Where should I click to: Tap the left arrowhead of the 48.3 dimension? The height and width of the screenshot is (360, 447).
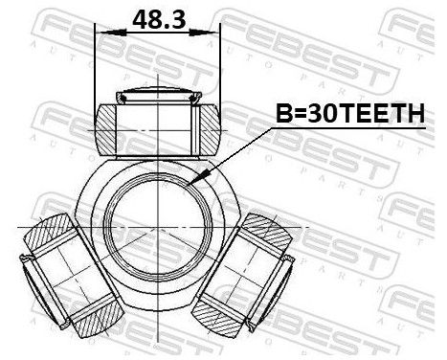101,32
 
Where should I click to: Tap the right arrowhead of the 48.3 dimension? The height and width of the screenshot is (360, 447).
213,32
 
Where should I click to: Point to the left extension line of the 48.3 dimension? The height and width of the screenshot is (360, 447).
95,67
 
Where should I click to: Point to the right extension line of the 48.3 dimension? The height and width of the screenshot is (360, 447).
220,67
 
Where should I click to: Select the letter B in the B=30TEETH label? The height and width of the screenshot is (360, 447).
284,116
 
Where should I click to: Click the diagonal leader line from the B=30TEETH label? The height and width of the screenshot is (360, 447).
239,149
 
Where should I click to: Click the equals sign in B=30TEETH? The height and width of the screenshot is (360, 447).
300,116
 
